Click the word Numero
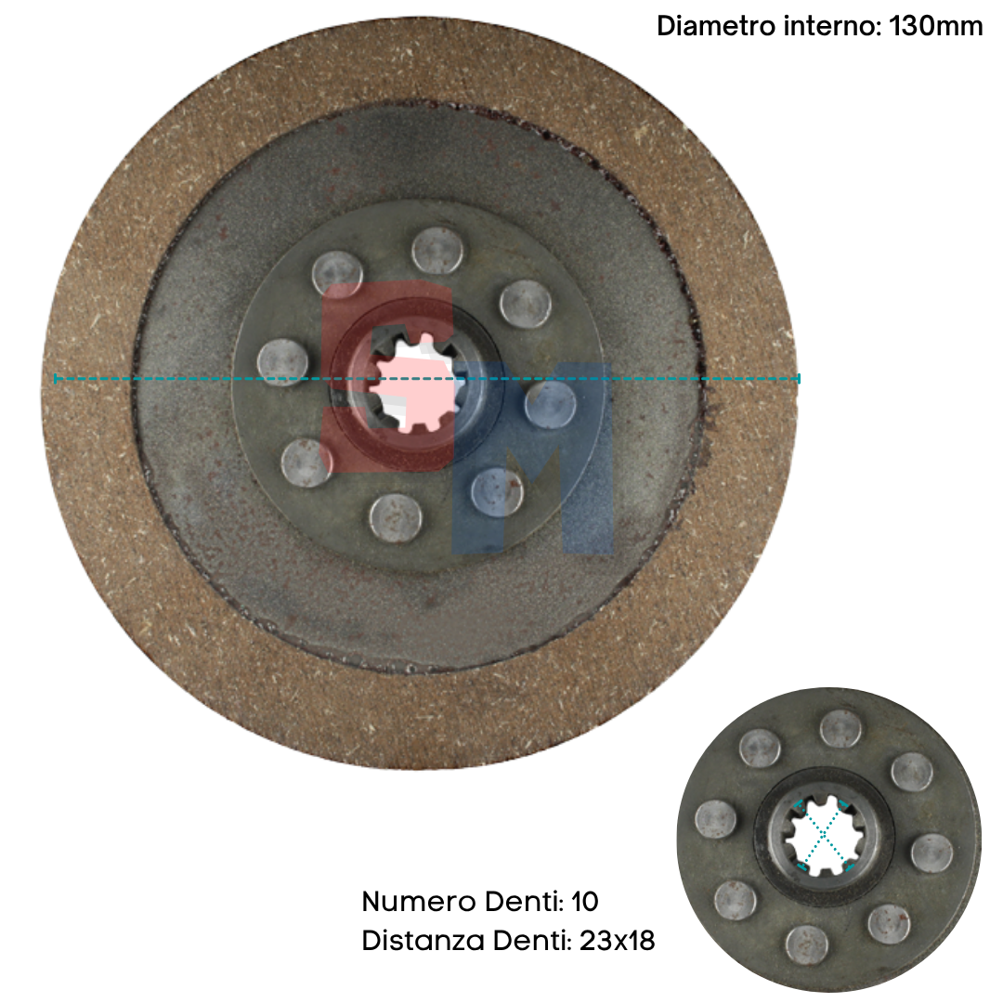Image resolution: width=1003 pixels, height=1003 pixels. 419,901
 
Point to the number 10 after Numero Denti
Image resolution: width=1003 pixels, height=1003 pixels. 585,901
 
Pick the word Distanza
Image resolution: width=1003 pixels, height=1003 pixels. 423,940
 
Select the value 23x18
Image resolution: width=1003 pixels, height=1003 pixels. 618,940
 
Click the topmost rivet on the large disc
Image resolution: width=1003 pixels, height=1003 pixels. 437,250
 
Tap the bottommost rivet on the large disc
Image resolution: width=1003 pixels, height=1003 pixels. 396,517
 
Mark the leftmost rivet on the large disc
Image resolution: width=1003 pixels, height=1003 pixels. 282,362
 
